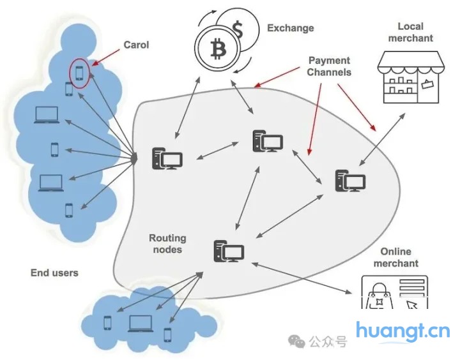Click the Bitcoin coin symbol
click(215, 48)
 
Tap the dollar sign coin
click(238, 29)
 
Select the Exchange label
click(290, 28)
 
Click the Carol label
click(135, 45)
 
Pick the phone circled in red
click(79, 71)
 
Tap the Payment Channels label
click(329, 66)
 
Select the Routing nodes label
click(167, 244)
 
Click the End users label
click(54, 273)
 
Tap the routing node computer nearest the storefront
click(350, 182)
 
